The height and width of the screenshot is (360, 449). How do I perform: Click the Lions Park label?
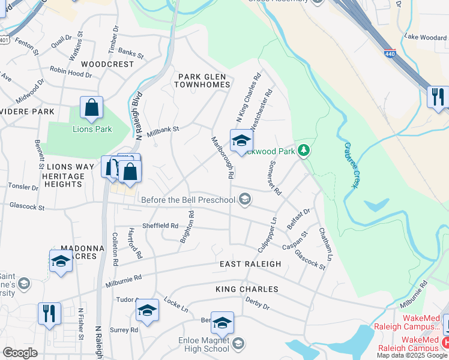[x=92, y=129]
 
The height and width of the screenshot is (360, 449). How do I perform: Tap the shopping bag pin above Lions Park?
[x=91, y=109]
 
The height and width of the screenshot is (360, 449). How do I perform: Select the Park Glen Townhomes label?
[x=203, y=80]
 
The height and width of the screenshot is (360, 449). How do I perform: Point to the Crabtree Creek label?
[x=351, y=166]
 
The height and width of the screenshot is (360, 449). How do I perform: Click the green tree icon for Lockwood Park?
[x=304, y=150]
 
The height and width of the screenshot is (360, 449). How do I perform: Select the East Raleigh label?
[x=250, y=264]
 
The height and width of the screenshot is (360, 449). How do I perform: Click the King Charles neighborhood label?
[x=247, y=289]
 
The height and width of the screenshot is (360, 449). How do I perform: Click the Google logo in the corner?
[x=20, y=353]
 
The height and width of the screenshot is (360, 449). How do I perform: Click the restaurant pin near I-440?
[x=438, y=96]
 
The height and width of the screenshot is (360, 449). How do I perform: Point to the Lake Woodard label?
[x=425, y=37]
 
